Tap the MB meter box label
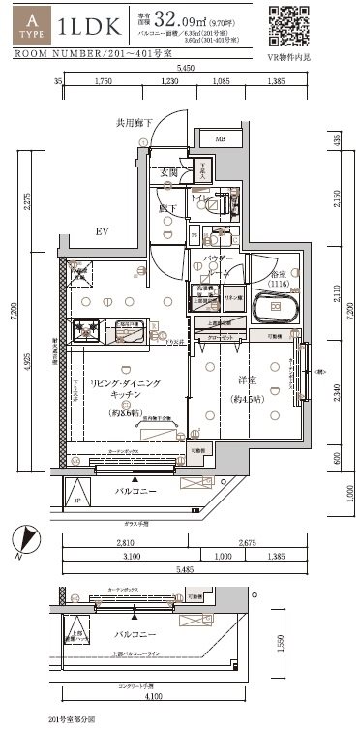click(220, 139)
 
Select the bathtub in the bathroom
click(274, 309)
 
